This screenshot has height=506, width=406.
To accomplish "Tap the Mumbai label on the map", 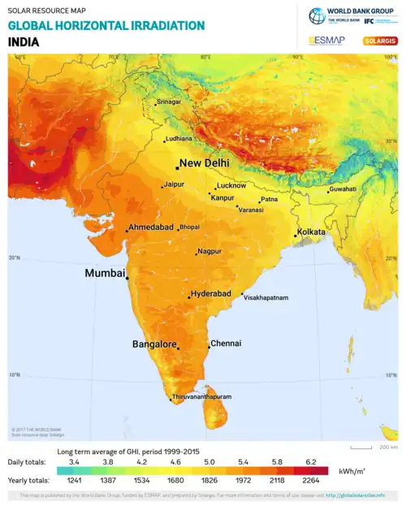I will [105, 274].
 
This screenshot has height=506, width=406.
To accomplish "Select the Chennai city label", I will [226, 344].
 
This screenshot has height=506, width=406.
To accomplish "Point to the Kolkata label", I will [311, 232].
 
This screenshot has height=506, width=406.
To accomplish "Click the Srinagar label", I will [168, 102].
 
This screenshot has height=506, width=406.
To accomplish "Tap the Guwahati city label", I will [342, 189].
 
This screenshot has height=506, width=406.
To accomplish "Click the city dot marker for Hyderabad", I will [189, 297].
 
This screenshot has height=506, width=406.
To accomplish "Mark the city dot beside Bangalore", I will [179, 348].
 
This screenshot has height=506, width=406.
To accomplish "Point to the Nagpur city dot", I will [197, 254].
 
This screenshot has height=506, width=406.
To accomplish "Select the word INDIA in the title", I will [24, 41].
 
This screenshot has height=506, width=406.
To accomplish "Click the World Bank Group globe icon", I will [316, 15].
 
